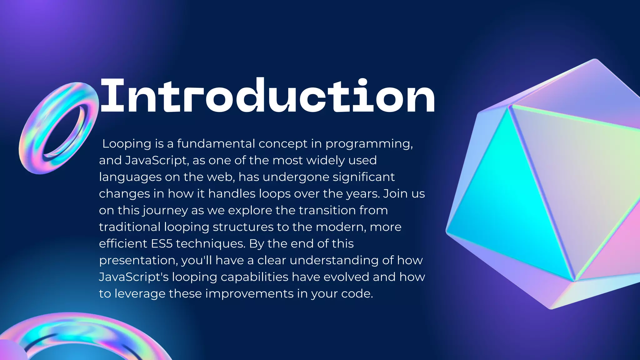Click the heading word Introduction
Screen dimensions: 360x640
tap(267, 95)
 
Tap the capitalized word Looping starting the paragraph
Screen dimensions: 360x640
tap(127, 144)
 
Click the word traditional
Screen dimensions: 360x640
tap(130, 227)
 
